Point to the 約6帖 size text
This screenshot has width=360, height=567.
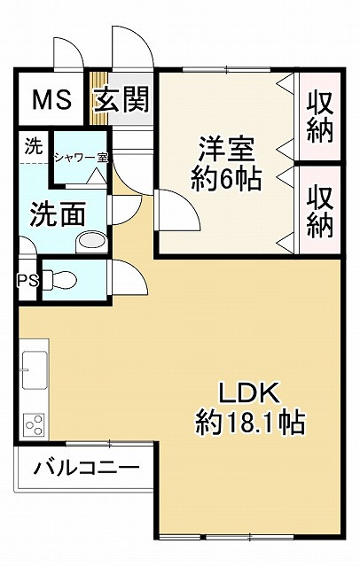point(226,180)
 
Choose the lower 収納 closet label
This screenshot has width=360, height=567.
point(320,210)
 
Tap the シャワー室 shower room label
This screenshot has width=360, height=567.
point(81,157)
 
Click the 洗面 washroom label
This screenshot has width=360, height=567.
point(59,214)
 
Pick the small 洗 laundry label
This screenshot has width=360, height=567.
point(33,146)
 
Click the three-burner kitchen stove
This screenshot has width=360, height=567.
point(35,425)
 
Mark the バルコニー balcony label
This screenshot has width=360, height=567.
point(86,467)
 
